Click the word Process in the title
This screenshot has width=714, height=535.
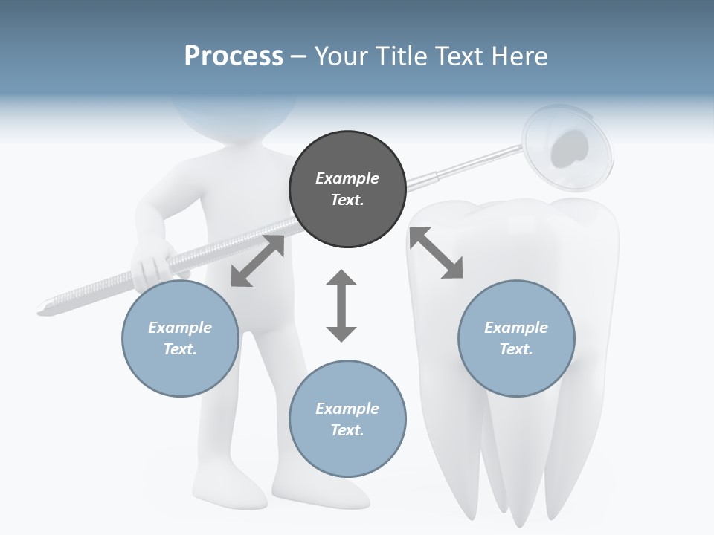click(x=234, y=56)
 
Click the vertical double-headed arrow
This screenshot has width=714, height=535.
click(x=341, y=305)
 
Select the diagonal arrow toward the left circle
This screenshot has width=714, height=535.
click(x=257, y=260)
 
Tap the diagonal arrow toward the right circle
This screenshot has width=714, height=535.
click(x=436, y=253)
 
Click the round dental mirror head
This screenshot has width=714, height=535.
click(x=569, y=146)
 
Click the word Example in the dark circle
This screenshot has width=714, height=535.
click(x=347, y=178)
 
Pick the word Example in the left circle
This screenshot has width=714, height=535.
click(x=180, y=328)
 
